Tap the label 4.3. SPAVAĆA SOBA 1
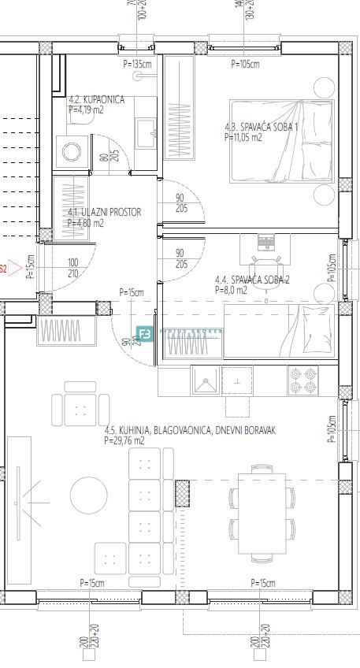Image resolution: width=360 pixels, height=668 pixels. (262, 126)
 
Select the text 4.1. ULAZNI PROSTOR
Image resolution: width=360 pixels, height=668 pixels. (93, 213)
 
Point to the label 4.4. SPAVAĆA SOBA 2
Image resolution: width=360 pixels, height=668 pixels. (252, 280)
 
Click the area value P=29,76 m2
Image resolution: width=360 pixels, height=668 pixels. (124, 441)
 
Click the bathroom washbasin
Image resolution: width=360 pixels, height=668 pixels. (146, 131)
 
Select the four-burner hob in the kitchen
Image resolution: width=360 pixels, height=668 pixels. (302, 382)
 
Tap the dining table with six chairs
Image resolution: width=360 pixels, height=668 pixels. (262, 510)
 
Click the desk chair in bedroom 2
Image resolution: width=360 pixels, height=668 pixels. (265, 263)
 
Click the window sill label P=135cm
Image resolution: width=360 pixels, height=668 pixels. (136, 64)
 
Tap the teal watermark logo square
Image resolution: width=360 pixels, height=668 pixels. (145, 334)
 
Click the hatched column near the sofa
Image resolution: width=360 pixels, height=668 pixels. (182, 493)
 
